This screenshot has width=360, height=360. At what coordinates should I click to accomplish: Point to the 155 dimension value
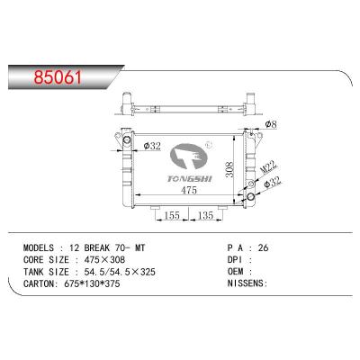point(172,217)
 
